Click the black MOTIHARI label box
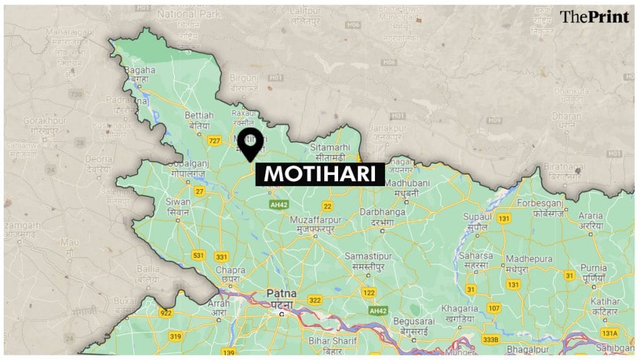click(319, 174)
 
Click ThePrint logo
click(594, 17)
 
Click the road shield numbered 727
click(214, 141)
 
